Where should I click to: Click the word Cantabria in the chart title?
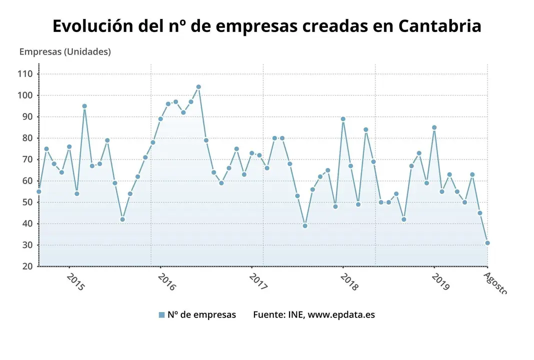pos(439,26)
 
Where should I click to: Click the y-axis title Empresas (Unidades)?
pos(65,51)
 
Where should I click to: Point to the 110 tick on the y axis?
pos(25,74)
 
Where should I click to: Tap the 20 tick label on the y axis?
pos(27,266)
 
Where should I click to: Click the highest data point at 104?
pos(198,87)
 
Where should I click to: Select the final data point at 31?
pos(487,243)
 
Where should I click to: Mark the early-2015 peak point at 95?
pos(84,106)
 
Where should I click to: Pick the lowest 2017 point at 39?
pos(305,225)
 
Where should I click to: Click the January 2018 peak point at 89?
pos(343,119)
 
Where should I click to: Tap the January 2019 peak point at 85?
pos(434,127)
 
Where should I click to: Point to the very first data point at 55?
pos(39,191)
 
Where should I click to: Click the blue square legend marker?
pos(161,315)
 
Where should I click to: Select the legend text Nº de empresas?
pos(201,314)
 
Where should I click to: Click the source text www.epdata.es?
pos(341,314)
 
